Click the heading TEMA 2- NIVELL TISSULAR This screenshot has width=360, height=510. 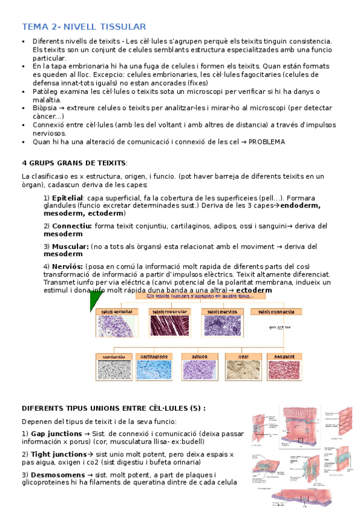pos(84,26)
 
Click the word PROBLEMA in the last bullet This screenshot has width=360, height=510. pos(264,142)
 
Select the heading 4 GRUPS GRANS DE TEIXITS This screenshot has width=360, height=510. pos(74,163)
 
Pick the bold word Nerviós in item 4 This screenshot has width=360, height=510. pos(67,266)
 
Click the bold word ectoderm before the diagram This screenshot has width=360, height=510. pos(254,290)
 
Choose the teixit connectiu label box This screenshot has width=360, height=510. pos(276,312)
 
